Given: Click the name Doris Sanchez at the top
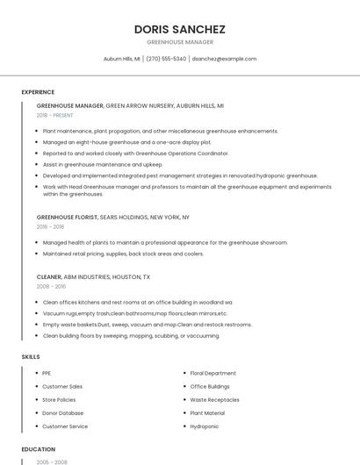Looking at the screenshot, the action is point(179,29).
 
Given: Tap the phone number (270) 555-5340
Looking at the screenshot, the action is point(166,59).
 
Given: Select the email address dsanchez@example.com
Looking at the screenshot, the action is point(224,59).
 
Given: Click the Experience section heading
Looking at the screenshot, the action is point(38,92).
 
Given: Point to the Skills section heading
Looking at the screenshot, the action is point(31,357).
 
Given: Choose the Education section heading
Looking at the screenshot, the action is point(39,449).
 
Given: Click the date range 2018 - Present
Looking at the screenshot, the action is point(54,115).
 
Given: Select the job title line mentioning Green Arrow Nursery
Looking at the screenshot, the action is point(130,105).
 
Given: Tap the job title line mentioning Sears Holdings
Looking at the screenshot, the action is point(112,217).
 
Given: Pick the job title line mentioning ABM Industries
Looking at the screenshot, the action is point(93,276).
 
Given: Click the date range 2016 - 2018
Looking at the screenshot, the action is point(50,226).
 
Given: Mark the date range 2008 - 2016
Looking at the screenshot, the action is point(51,286).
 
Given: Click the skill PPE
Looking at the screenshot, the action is point(47,373).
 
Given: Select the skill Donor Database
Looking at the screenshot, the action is point(62,413).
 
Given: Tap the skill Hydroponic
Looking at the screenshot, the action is point(205,426).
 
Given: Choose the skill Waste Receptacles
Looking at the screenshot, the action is point(214,399).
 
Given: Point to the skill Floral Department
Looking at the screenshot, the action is point(212,373).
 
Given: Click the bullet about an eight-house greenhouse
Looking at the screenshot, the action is point(126,142).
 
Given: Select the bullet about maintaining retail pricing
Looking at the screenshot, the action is point(123,254).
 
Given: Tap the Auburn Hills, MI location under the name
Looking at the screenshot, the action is point(121,59).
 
